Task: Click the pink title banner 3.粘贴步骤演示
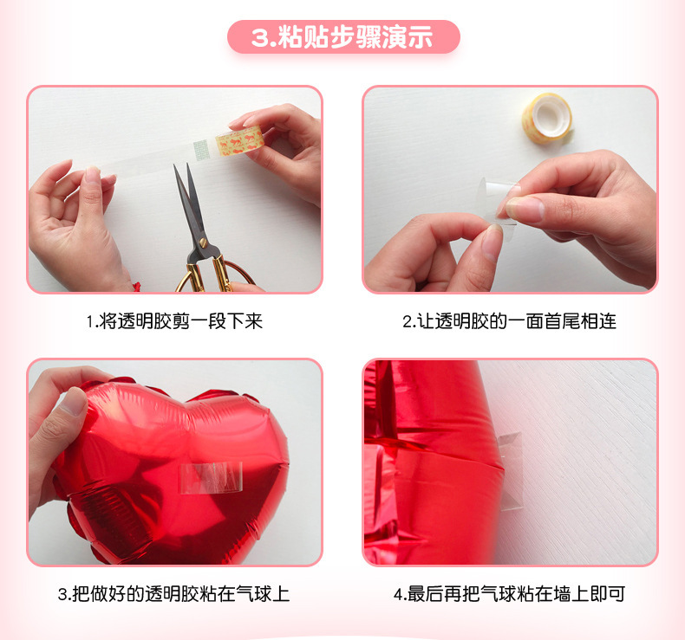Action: [342, 37]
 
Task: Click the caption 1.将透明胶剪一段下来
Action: [174, 321]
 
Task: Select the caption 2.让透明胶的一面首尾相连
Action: [509, 321]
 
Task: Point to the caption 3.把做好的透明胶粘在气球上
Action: [174, 594]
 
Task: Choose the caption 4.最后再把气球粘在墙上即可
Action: [509, 594]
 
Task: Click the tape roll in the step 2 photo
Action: [547, 116]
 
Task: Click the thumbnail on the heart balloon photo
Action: [73, 402]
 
